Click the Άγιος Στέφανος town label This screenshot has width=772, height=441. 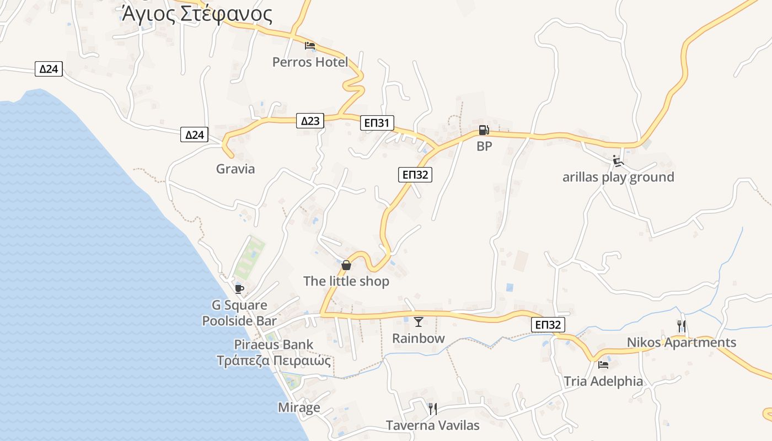pos(197,14)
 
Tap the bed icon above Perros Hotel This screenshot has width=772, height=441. pos(310,45)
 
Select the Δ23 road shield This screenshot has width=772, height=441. pos(310,121)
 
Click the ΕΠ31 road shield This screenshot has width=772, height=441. pos(378,123)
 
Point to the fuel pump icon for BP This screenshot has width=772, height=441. pos(484,131)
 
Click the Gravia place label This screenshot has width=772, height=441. pos(235,169)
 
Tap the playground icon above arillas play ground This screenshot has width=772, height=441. pos(618,161)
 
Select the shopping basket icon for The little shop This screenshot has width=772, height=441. pos(346,265)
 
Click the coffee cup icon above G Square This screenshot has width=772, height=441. pos(239,289)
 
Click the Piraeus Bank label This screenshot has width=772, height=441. pos(274,345)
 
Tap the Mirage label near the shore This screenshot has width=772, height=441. pos(299,408)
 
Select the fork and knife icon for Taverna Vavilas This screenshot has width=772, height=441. pos(433,408)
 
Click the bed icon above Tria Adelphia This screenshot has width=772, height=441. pos(603,364)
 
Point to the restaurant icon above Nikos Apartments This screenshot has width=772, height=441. pos(682,326)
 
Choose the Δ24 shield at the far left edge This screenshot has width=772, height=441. pos(49,69)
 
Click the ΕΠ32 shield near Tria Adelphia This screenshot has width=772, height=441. pos(549,325)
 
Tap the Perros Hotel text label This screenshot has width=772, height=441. pos(310,62)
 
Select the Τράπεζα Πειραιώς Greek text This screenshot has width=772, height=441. pos(274,361)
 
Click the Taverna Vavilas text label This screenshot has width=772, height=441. pos(433,426)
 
